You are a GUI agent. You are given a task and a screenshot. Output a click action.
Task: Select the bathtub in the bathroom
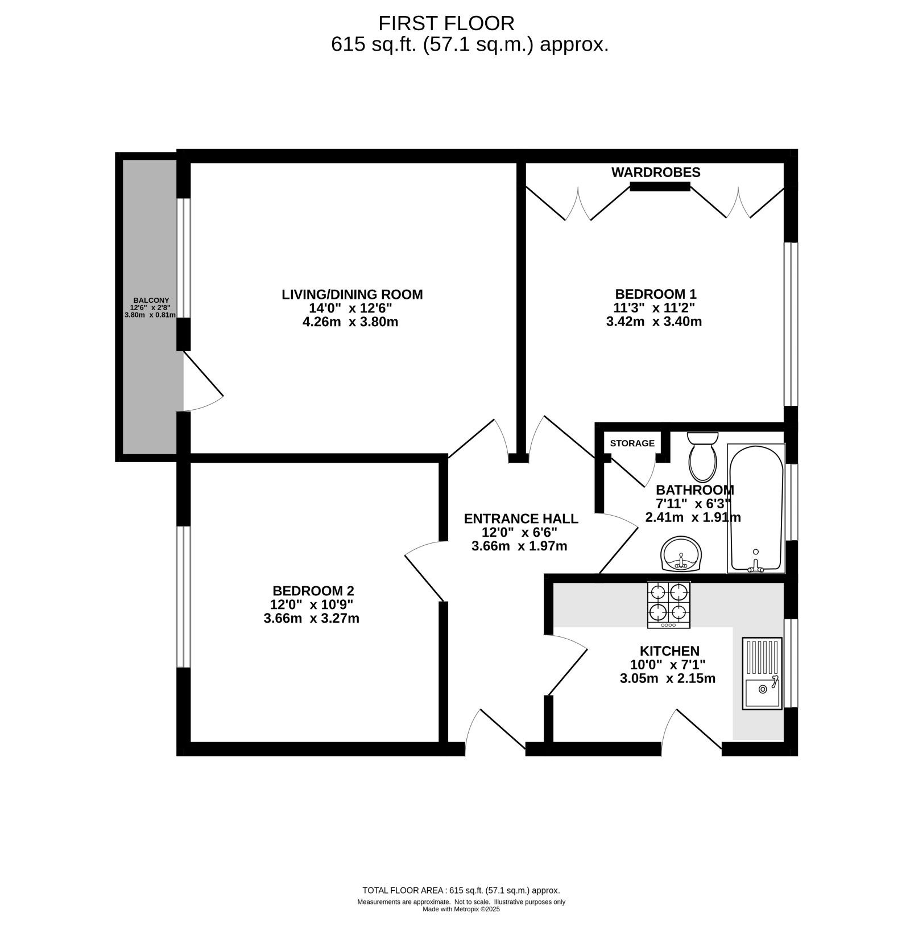(x=756, y=508)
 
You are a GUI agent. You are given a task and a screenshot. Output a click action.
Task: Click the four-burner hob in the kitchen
(x=668, y=604)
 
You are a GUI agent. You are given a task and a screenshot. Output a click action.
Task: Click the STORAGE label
(x=632, y=443)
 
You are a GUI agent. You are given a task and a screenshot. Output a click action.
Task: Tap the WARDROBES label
(x=656, y=172)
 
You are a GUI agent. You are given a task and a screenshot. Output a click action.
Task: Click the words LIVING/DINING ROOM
(x=352, y=294)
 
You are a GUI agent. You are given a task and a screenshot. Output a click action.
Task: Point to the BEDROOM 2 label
(x=313, y=591)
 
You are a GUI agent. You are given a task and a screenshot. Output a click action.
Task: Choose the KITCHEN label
(x=669, y=651)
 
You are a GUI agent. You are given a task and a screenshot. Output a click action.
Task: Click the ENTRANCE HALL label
(x=521, y=519)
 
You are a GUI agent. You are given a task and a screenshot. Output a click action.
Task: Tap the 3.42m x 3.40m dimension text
(x=654, y=322)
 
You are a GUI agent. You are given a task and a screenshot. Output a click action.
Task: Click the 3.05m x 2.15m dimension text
(x=668, y=678)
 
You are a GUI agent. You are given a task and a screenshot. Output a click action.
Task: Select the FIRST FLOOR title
(x=446, y=23)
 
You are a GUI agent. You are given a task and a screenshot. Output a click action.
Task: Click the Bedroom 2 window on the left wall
(x=183, y=597)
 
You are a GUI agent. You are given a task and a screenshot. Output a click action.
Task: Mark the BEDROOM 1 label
(x=656, y=294)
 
